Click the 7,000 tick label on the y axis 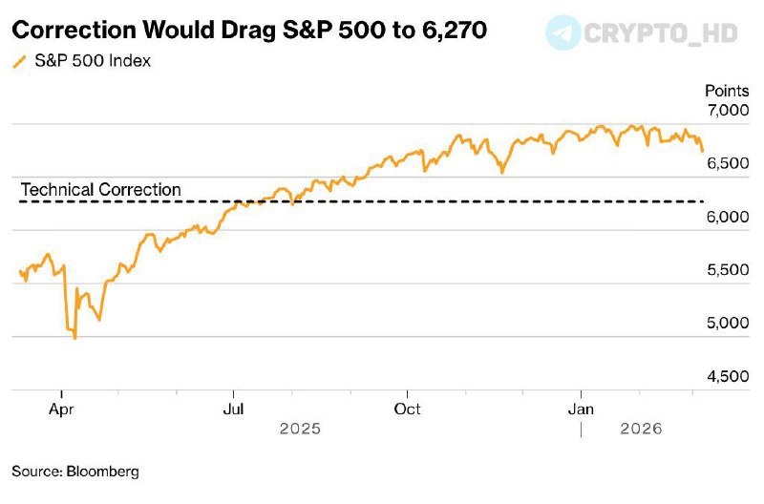(x=728, y=112)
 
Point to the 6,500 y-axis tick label (x=728, y=164)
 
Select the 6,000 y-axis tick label (x=728, y=217)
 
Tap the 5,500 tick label (x=728, y=270)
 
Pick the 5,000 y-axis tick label (x=728, y=323)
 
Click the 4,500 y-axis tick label (x=728, y=376)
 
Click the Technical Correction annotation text (x=100, y=190)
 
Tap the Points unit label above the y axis (x=728, y=91)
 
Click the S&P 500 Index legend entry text (x=92, y=62)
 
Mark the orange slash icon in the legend (x=18, y=62)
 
